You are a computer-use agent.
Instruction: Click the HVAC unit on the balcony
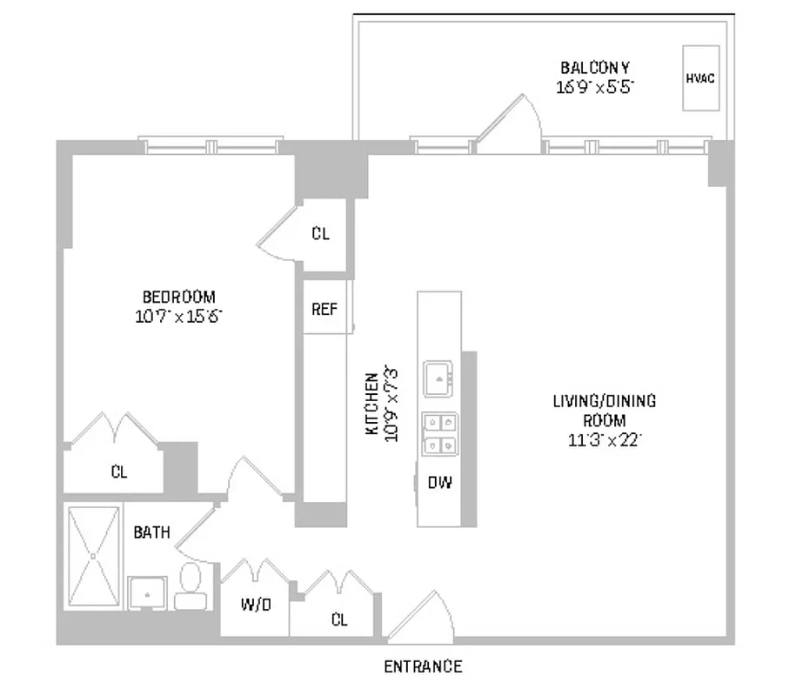(699, 77)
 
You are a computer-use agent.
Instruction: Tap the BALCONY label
(595, 67)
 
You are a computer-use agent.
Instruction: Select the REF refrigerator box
(324, 309)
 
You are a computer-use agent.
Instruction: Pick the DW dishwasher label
(439, 483)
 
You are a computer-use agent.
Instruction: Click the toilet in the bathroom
(189, 585)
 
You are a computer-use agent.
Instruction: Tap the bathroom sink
(148, 593)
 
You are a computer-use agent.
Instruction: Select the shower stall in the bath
(93, 553)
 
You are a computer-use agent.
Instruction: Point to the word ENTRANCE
(423, 667)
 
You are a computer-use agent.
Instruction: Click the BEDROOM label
(178, 296)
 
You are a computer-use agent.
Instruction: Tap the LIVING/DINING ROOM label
(605, 411)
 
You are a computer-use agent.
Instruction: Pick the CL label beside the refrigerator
(320, 234)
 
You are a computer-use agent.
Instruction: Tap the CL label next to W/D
(339, 619)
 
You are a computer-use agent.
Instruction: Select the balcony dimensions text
(595, 86)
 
